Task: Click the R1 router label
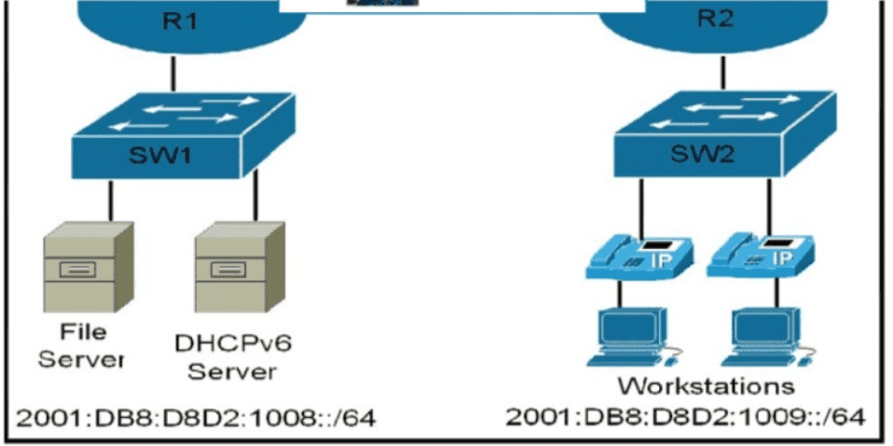pos(174,21)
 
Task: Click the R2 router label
pos(714,21)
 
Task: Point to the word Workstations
pos(708,385)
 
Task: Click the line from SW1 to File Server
pos(112,201)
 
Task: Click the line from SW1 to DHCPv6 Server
pos(252,201)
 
